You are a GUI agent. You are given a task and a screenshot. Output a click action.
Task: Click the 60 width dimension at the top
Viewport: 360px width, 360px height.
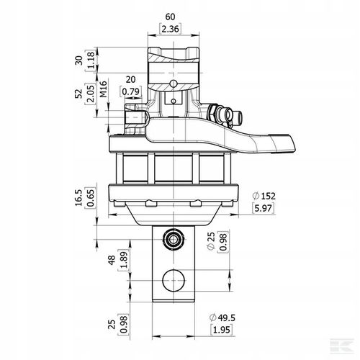169,15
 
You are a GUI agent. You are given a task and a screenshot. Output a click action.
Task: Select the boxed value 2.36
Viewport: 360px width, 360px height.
169,29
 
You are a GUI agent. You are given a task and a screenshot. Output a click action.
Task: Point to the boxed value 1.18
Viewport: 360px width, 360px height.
91,59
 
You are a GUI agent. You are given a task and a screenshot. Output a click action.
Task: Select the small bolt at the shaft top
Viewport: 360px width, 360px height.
171,238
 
